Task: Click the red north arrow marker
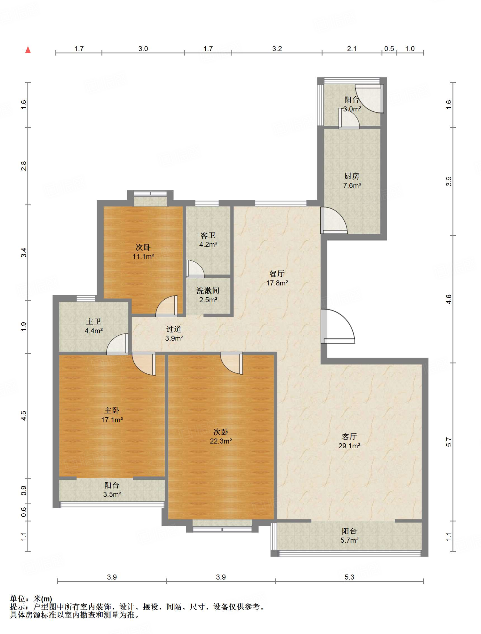tap(28, 50)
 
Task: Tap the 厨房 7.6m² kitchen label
tap(352, 181)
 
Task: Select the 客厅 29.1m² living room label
tap(349, 441)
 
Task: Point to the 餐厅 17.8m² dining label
tap(277, 278)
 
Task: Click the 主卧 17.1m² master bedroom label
tap(112, 415)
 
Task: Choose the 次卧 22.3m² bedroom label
tap(221, 436)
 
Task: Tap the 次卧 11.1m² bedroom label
tap(143, 252)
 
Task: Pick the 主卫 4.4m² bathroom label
tap(94, 326)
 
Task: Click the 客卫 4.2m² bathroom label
tap(208, 240)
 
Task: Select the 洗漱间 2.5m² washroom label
tap(208, 295)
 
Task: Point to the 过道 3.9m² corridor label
tap(174, 333)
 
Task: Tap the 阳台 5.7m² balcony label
tap(349, 536)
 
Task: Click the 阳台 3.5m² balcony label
tap(112, 490)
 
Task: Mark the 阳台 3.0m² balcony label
tap(352, 104)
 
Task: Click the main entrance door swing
tap(338, 326)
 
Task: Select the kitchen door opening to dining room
tap(334, 220)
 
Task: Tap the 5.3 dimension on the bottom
tap(349, 577)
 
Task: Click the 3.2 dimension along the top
tap(277, 49)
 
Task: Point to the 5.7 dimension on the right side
tap(449, 442)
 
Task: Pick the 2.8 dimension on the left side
tap(24, 166)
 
